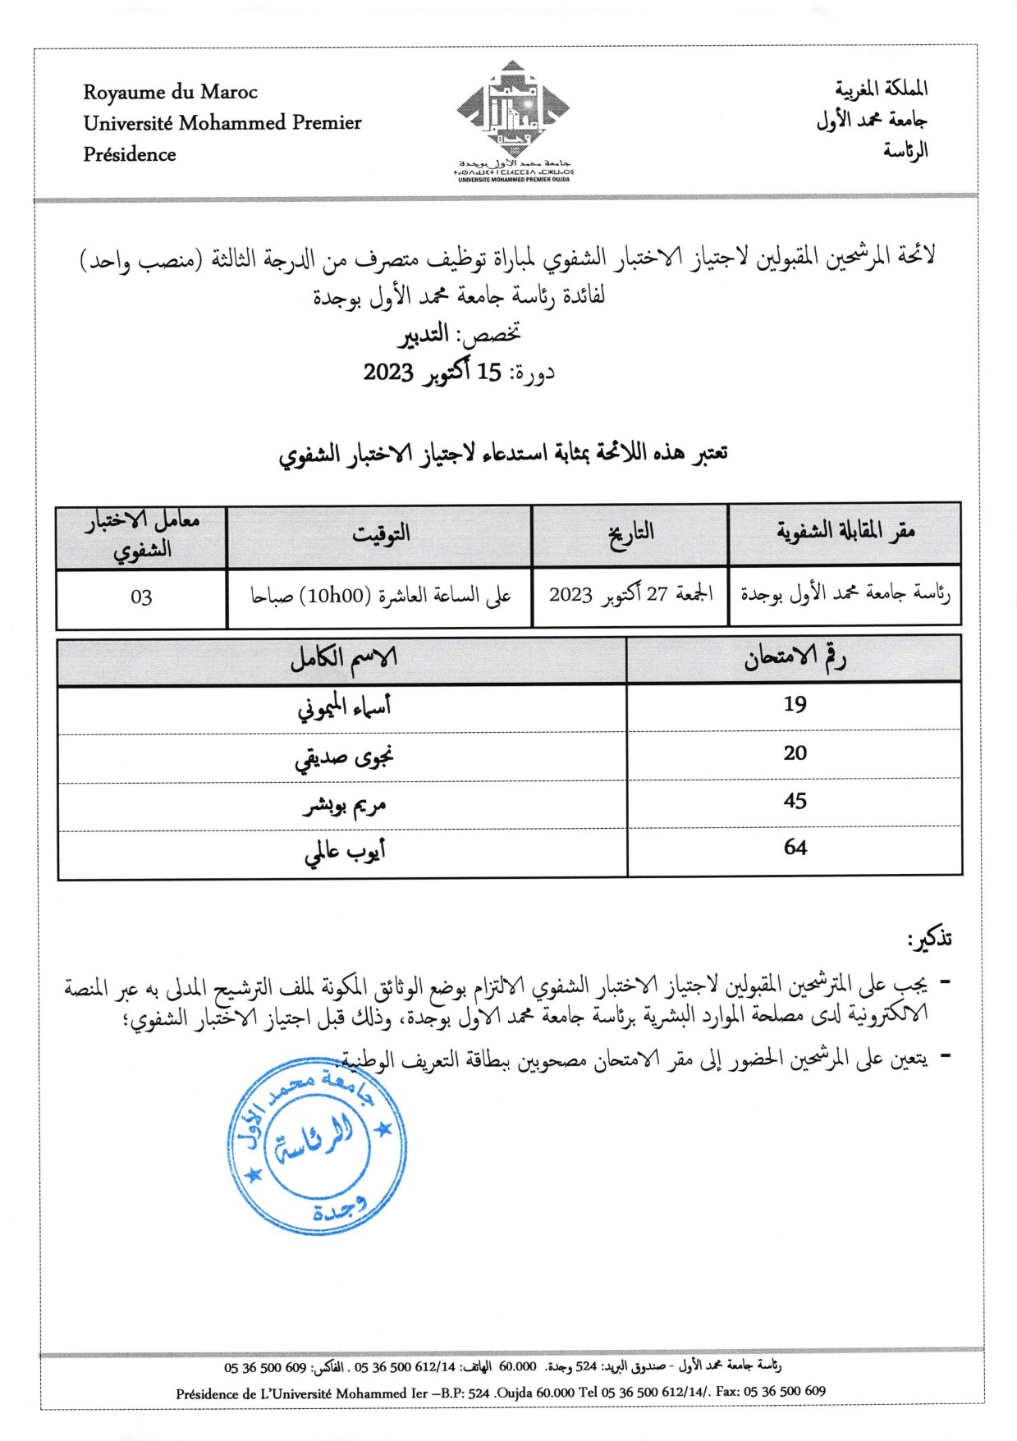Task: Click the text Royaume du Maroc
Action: click(170, 92)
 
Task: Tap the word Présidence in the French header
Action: click(130, 154)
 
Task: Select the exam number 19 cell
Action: click(795, 705)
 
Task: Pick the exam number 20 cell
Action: click(795, 753)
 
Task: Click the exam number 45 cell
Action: click(795, 801)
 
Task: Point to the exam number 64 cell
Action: click(795, 848)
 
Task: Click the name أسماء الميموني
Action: click(343, 707)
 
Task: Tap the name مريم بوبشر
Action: click(343, 805)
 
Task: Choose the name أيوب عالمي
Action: click(345, 852)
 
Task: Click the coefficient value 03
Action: click(141, 597)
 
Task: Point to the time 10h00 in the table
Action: click(337, 596)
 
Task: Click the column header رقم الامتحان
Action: click(795, 658)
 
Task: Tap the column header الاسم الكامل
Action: click(343, 658)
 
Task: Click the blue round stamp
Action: click(316, 1146)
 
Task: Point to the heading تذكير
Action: click(929, 939)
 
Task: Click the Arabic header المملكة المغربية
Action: click(881, 88)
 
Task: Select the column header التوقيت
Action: click(380, 534)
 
